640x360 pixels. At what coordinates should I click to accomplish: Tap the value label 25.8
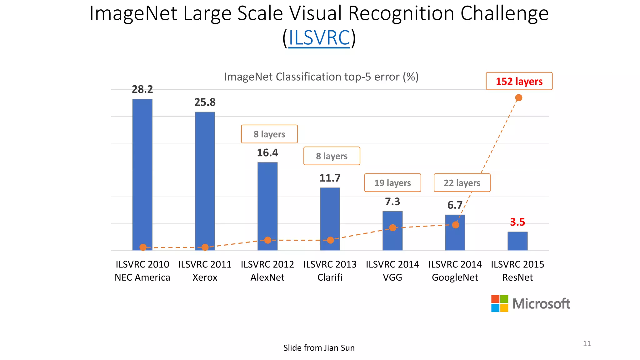pyautogui.click(x=205, y=102)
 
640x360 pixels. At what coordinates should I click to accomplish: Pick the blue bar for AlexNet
pyautogui.click(x=267, y=200)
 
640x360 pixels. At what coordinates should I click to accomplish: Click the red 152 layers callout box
pyautogui.click(x=519, y=81)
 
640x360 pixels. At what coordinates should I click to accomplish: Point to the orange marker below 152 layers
pyautogui.click(x=519, y=98)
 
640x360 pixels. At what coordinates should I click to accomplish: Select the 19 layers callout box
pyautogui.click(x=392, y=183)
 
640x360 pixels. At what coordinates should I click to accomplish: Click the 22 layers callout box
pyautogui.click(x=462, y=183)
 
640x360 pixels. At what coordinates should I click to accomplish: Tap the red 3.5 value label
pyautogui.click(x=517, y=222)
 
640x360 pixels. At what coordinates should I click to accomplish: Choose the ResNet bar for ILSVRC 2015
pyautogui.click(x=517, y=241)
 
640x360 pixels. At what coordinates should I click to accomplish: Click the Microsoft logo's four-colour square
pyautogui.click(x=500, y=303)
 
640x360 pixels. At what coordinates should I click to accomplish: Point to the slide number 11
pyautogui.click(x=587, y=343)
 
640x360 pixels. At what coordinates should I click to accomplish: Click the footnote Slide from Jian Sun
pyautogui.click(x=319, y=348)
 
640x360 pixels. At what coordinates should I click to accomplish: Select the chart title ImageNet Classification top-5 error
pyautogui.click(x=321, y=77)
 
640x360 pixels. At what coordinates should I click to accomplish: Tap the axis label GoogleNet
pyautogui.click(x=455, y=277)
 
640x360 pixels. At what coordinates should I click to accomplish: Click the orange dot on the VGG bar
pyautogui.click(x=393, y=228)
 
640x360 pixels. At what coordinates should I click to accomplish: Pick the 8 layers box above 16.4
pyautogui.click(x=269, y=134)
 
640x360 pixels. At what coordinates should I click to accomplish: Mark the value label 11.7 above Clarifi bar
pyautogui.click(x=330, y=178)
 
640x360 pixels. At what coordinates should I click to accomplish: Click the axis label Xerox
pyautogui.click(x=205, y=277)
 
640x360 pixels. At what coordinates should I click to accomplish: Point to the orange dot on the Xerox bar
pyautogui.click(x=205, y=247)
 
